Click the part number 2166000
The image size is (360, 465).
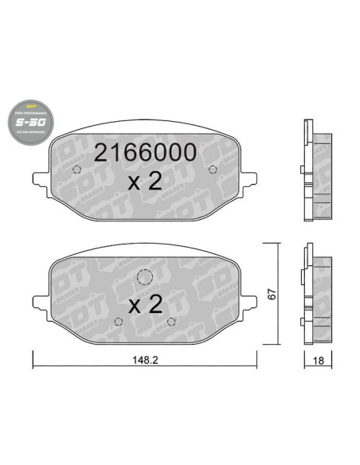(x=144, y=153)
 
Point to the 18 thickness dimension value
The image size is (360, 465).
(x=319, y=361)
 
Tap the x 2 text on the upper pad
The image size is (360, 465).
(x=144, y=182)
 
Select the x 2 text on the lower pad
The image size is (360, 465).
(x=144, y=304)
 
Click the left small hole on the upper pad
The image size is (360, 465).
(x=78, y=168)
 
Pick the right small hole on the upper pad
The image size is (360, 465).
(x=211, y=168)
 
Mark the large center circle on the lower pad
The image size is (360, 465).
(x=144, y=277)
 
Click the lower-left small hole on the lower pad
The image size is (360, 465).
(x=118, y=321)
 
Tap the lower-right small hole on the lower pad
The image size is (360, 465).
(x=171, y=321)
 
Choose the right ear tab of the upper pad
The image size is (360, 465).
(x=250, y=180)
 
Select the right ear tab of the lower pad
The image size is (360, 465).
(x=250, y=301)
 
